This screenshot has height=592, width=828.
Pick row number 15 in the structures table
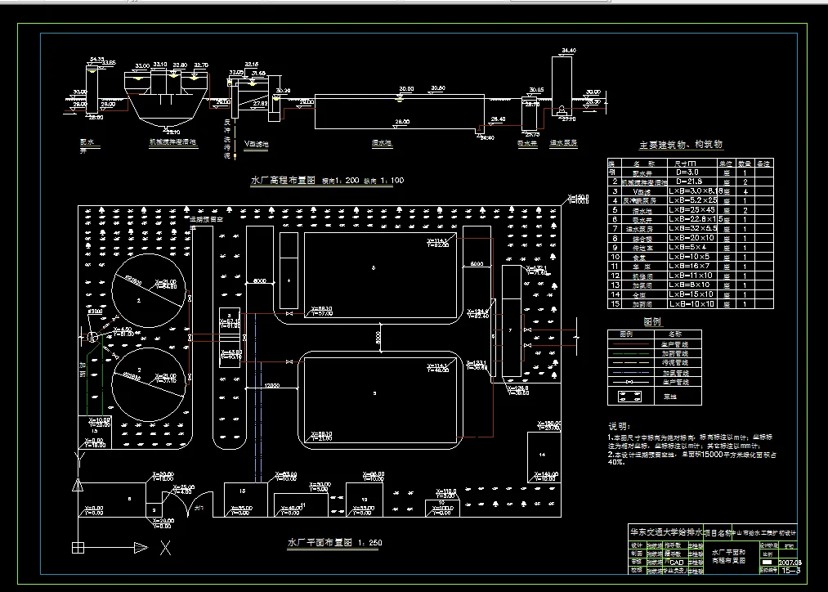coord(612,303)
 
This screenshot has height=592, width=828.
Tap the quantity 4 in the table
coord(744,191)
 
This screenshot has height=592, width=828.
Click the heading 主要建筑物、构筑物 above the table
coord(681,146)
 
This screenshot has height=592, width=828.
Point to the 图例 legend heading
coord(651,322)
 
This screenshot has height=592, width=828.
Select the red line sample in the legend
coord(629,344)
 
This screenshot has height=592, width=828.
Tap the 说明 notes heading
coord(619,426)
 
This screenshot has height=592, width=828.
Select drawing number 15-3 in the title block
coord(790,572)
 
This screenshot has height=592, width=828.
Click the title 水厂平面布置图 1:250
coord(334,542)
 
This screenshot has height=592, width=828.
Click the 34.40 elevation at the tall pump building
coord(569,51)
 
